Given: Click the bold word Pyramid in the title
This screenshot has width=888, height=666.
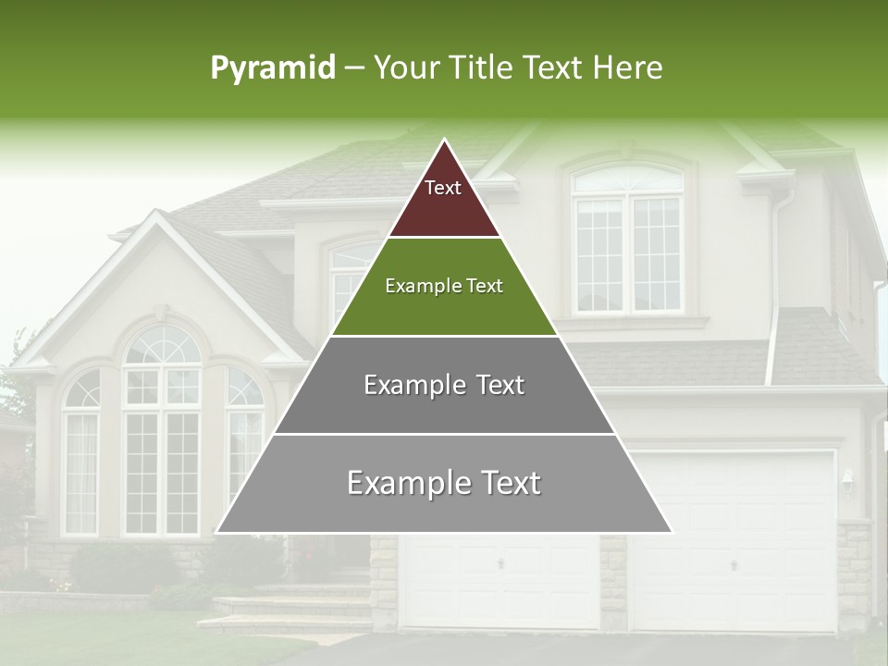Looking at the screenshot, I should (273, 68).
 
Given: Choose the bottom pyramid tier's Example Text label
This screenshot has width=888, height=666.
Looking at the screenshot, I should (444, 483).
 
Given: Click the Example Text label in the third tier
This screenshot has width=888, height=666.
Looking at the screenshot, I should (444, 385).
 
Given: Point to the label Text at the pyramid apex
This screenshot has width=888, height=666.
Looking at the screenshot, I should (443, 188).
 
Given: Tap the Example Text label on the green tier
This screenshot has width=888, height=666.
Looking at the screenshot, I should (444, 286).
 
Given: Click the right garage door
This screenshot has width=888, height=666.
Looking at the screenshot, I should (734, 546).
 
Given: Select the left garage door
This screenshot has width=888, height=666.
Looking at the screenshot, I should (499, 583).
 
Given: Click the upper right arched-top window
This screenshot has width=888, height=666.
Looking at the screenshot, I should (628, 240).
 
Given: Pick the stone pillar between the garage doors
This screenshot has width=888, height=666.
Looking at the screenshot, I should (613, 583).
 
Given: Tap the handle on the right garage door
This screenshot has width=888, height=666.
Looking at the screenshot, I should (734, 563).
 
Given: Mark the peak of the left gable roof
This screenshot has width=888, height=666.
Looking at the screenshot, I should (158, 215).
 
